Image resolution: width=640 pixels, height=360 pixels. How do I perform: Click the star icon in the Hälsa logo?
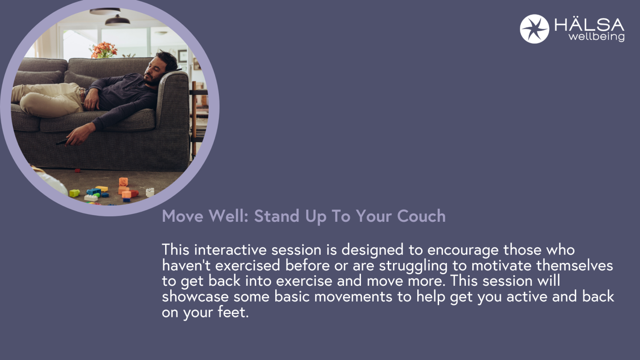(x=534, y=29)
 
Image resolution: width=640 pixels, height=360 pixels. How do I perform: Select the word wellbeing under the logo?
(x=596, y=37)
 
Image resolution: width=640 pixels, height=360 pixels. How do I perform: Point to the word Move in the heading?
(x=183, y=216)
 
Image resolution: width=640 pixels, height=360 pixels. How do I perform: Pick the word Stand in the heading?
(x=276, y=216)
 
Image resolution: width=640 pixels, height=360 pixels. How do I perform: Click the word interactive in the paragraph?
(x=230, y=250)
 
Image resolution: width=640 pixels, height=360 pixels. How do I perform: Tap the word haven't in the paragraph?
(x=186, y=265)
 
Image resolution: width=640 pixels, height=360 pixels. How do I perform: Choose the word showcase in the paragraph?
(x=195, y=296)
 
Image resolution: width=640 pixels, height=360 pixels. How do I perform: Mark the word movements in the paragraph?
(x=353, y=296)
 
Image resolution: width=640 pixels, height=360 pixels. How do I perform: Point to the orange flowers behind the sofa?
(x=104, y=50)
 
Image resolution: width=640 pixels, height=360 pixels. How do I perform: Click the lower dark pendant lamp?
(x=117, y=20)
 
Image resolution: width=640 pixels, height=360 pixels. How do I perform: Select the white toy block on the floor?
(x=150, y=192)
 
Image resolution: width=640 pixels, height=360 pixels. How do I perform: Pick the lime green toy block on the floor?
(x=74, y=193)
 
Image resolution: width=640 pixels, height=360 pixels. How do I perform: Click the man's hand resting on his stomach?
(x=91, y=100)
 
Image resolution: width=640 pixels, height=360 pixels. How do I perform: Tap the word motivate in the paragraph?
(x=501, y=265)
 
